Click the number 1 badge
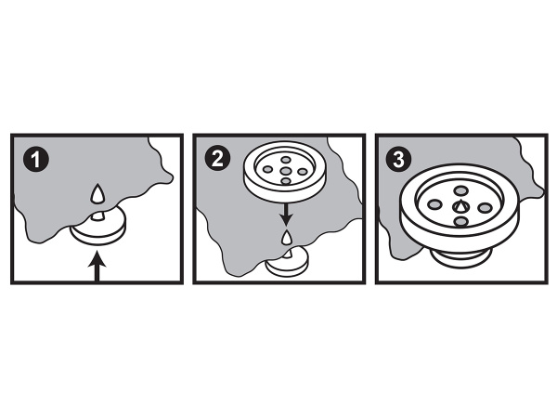pos(36,160)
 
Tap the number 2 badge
pos(218,158)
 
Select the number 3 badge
pos(398,159)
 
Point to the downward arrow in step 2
pos(286,215)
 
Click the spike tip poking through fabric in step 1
pos(97,193)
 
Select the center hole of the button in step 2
pos(286,171)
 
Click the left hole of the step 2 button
pos(268,170)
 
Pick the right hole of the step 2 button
pos(303,172)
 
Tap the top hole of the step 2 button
pos(286,159)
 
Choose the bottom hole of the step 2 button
pos(286,181)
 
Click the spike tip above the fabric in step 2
pos(286,238)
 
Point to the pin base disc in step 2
pos(288,263)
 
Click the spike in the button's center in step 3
pos(460,206)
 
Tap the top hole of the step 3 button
pos(460,190)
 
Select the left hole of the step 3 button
pos(434,204)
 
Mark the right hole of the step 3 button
pos(485,207)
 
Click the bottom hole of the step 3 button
pos(460,222)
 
